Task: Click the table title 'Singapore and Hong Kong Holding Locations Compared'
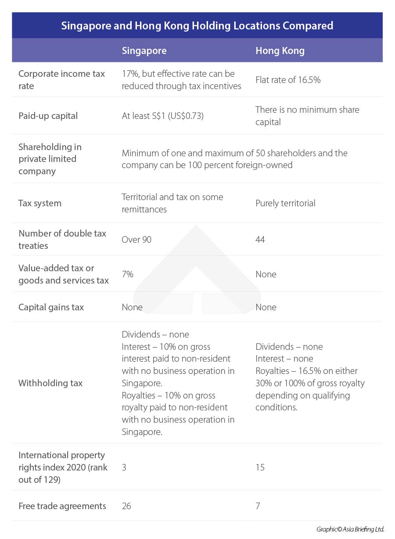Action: [x=197, y=25]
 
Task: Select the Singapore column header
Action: [x=144, y=50]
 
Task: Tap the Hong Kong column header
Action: [x=280, y=50]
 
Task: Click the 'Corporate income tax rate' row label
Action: [x=61, y=80]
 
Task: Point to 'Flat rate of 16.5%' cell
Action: [x=288, y=80]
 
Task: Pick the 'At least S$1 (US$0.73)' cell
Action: [x=163, y=116]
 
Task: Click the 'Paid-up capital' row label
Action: [x=48, y=116]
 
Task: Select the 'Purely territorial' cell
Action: [x=285, y=203]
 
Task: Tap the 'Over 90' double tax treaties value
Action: [x=136, y=240]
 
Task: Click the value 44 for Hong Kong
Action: [x=260, y=240]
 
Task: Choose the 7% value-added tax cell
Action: [x=127, y=274]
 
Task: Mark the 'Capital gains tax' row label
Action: [x=51, y=307]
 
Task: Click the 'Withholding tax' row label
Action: [x=50, y=383]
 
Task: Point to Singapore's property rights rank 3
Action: [x=124, y=467]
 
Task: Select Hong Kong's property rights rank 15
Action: [x=260, y=467]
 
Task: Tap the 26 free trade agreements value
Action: [x=126, y=506]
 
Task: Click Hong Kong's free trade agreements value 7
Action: [x=258, y=506]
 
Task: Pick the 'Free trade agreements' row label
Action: [x=62, y=506]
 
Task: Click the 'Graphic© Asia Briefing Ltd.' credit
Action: [x=350, y=529]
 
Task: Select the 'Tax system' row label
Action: [x=39, y=203]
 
